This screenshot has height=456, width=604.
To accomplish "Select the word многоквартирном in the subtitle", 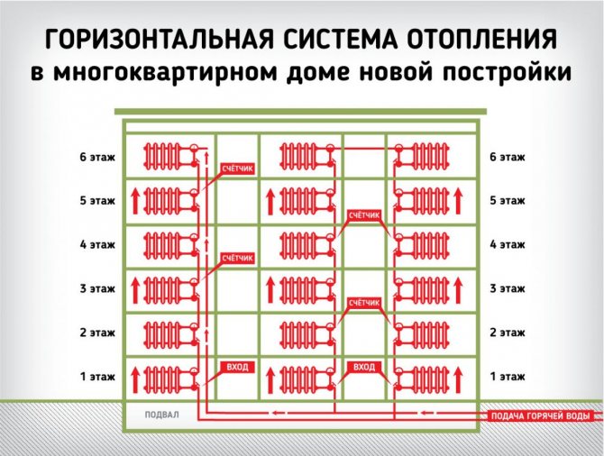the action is [x=165, y=72].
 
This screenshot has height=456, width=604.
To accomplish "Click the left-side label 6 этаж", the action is [x=97, y=157].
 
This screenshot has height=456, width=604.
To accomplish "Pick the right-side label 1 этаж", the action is [x=508, y=377].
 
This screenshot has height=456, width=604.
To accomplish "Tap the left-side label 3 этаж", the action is [x=97, y=288].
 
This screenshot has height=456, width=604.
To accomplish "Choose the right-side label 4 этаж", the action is [x=508, y=244].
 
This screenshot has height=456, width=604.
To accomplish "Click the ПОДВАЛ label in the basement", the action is [x=161, y=415].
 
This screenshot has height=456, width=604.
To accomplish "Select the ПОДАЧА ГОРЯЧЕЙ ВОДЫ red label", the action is [x=540, y=416].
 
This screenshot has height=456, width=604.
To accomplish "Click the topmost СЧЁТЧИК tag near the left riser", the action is [x=237, y=169].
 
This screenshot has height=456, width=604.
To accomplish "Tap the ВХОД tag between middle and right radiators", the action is [x=364, y=367].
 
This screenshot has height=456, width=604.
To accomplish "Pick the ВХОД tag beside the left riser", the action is [x=237, y=367].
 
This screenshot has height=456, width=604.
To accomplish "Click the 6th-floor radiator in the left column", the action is [x=162, y=157].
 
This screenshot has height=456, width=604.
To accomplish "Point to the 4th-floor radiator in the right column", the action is [x=430, y=244].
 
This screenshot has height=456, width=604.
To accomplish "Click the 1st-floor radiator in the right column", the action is [x=430, y=377].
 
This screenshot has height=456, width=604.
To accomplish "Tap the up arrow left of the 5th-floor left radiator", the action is [x=135, y=201].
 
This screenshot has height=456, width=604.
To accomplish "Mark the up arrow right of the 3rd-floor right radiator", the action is [x=458, y=289].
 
